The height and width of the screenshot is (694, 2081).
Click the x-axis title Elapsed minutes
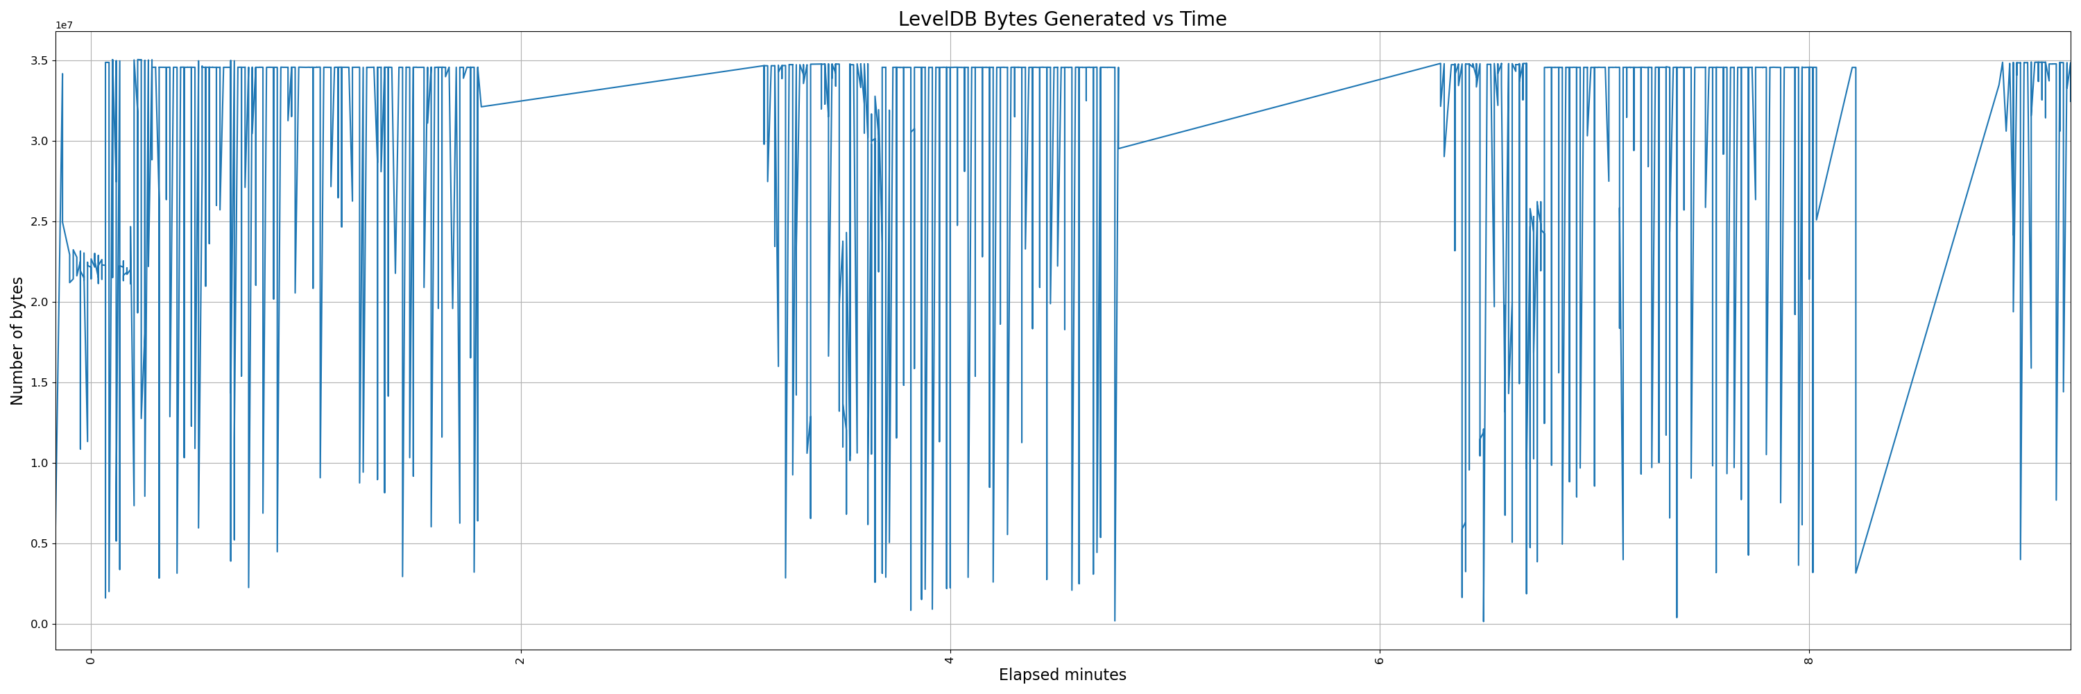(1061, 675)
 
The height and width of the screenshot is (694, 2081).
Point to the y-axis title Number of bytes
(18, 340)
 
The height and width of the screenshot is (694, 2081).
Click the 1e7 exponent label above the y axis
(64, 26)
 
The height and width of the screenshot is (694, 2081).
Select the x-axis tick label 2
(521, 661)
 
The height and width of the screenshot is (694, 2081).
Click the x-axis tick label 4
(950, 661)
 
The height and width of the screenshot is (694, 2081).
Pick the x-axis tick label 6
(1380, 661)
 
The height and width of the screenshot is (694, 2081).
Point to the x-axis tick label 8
(1809, 661)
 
